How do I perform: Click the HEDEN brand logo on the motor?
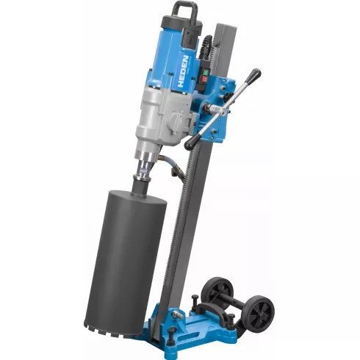[x=183, y=72]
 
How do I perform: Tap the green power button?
[x=205, y=73]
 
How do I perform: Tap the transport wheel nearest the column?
[x=217, y=289]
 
